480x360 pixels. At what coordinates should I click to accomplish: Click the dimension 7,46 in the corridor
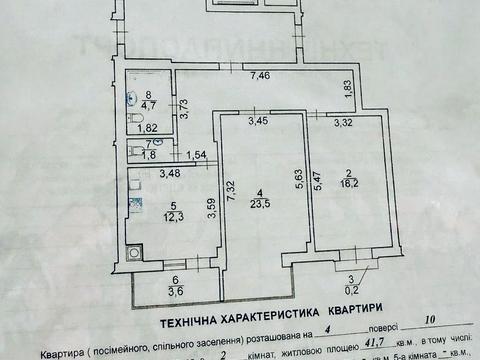[x=260, y=75]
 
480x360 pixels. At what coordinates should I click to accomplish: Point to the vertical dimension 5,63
[x=295, y=176]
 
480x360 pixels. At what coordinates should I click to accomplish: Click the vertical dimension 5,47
[x=317, y=176]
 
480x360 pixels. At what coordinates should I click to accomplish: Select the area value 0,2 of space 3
[x=350, y=290]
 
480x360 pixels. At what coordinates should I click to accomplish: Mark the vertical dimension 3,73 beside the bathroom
[x=185, y=100]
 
